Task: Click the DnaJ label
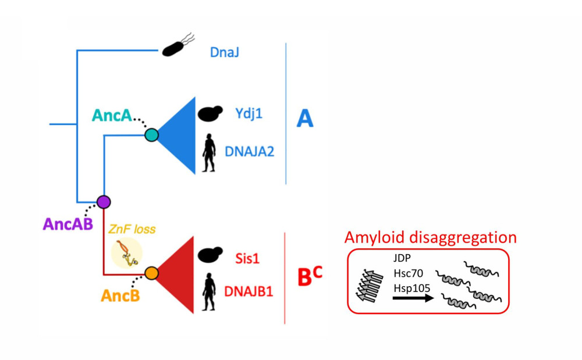tap(225, 54)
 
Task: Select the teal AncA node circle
tap(151, 136)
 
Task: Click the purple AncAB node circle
tap(104, 202)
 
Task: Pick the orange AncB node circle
tap(151, 272)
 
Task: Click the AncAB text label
tap(68, 223)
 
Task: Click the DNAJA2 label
tap(250, 152)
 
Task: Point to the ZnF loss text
tap(132, 229)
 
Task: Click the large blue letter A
tap(304, 119)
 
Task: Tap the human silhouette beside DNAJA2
tap(207, 153)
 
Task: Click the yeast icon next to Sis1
tap(208, 255)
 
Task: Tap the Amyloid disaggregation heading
tap(430, 238)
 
